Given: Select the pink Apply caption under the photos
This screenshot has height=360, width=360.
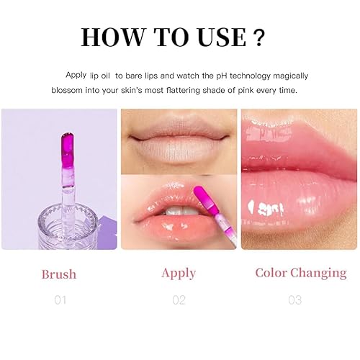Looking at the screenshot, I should tap(179, 273).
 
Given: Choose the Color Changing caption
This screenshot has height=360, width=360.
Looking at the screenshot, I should tap(301, 273).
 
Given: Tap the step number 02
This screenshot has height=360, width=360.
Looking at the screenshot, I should tap(179, 300).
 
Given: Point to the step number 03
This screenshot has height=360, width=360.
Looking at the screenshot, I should tap(294, 300).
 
